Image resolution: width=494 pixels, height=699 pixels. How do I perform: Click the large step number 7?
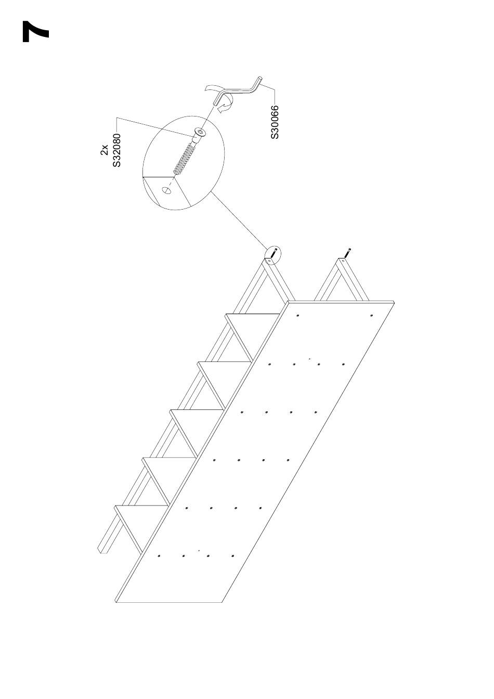tap(35, 32)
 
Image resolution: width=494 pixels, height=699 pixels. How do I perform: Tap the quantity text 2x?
tap(105, 150)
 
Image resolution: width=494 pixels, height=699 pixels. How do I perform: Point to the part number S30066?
tap(275, 122)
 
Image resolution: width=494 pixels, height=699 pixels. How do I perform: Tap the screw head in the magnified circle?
tap(199, 133)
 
